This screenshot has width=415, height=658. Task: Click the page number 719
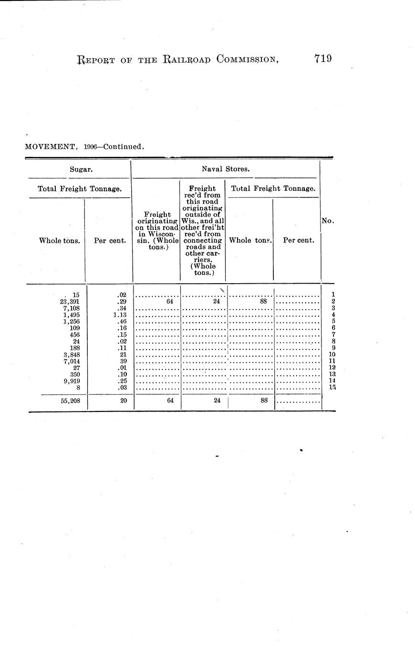click(322, 59)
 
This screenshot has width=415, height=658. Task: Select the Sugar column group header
click(77, 169)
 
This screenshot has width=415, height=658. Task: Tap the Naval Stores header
click(225, 168)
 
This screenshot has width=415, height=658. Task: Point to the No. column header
click(328, 221)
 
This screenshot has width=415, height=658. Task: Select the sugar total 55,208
click(70, 401)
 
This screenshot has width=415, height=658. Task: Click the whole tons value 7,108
click(71, 308)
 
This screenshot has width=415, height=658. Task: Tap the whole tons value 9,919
click(71, 381)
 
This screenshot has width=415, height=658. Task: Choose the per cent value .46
click(121, 321)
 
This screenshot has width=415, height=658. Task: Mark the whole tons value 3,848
click(71, 354)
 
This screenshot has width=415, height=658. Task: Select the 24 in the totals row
click(217, 401)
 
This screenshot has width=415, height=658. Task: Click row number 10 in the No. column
click(332, 354)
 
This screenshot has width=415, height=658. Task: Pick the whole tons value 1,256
click(71, 321)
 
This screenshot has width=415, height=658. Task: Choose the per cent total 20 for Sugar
click(123, 401)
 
